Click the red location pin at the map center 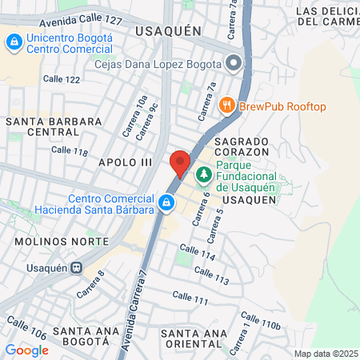(x=180, y=162)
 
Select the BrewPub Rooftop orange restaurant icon (x=227, y=106)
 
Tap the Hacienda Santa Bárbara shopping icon (x=166, y=203)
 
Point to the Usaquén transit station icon (x=76, y=268)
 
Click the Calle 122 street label (x=62, y=79)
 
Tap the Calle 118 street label (x=69, y=150)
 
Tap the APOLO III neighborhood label (x=125, y=162)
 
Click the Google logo (x=27, y=350)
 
